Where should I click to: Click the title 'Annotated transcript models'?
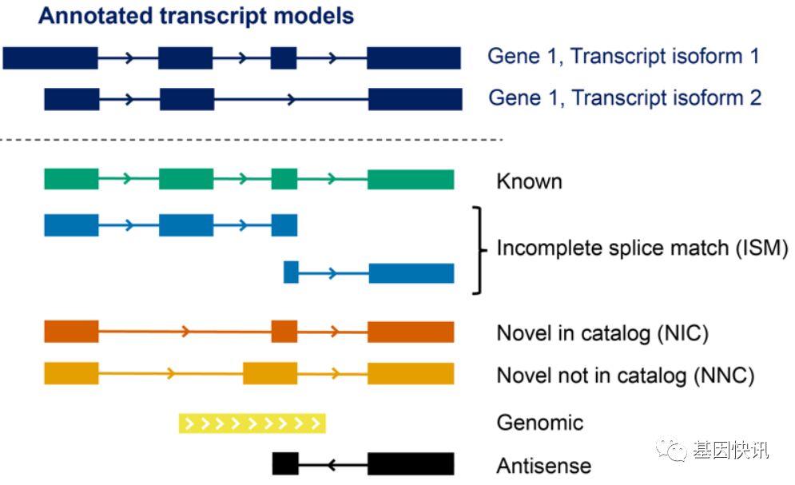pyautogui.click(x=196, y=16)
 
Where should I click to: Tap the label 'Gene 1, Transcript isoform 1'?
pyautogui.click(x=624, y=56)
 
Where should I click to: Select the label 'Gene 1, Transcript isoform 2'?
pyautogui.click(x=625, y=97)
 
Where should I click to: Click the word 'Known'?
pyautogui.click(x=529, y=181)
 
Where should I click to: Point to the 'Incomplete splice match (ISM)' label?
pyautogui.click(x=642, y=248)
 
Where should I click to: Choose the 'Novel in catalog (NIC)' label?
pyautogui.click(x=602, y=333)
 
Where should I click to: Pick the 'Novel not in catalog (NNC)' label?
pyautogui.click(x=626, y=376)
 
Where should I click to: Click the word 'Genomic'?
pyautogui.click(x=540, y=423)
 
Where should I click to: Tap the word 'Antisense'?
pyautogui.click(x=543, y=466)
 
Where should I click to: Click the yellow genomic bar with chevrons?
pyautogui.click(x=252, y=423)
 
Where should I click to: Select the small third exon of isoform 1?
pyautogui.click(x=284, y=58)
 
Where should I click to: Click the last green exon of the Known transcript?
pyautogui.click(x=411, y=180)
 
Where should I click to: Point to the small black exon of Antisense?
pyautogui.click(x=285, y=463)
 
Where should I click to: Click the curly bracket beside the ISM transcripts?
pyautogui.click(x=478, y=250)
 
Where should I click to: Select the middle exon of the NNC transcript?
pyautogui.click(x=270, y=373)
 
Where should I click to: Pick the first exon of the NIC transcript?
pyautogui.click(x=71, y=332)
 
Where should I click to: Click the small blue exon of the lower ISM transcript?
pyautogui.click(x=291, y=272)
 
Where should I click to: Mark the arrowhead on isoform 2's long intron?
pyautogui.click(x=291, y=99)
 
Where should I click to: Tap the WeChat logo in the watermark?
pyautogui.click(x=671, y=449)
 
